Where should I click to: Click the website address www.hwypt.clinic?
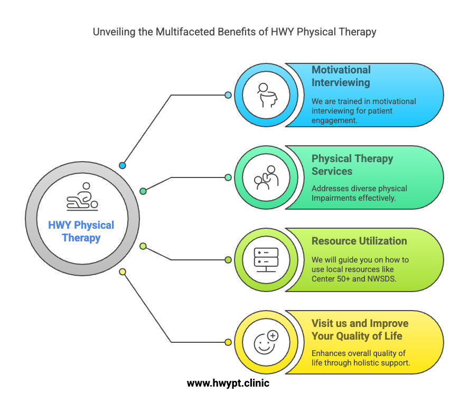tap(228, 383)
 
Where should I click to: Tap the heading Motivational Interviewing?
tap(341, 76)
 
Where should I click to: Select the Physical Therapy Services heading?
tap(352, 165)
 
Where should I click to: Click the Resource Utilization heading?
tap(359, 241)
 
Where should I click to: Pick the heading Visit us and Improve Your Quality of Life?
tap(360, 330)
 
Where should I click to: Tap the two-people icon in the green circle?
tap(266, 177)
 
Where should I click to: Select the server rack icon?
tap(266, 260)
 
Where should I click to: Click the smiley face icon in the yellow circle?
tap(266, 342)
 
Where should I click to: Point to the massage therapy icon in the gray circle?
tap(82, 196)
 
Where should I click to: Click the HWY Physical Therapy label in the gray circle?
tap(81, 231)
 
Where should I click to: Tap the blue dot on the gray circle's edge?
tap(123, 165)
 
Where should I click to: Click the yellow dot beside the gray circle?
tap(123, 272)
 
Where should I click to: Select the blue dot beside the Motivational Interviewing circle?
tap(228, 95)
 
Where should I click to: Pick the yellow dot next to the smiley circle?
tap(228, 342)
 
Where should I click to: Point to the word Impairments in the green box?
tap(334, 198)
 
